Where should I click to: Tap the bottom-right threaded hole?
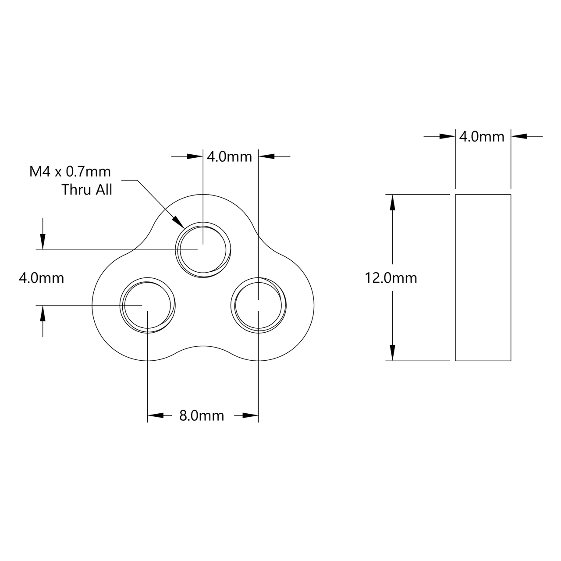coord(259,305)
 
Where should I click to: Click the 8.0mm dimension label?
coord(202,415)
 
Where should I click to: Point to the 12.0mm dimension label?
coord(391,278)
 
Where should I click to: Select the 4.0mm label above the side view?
coord(482,137)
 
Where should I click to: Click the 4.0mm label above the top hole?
coord(229,156)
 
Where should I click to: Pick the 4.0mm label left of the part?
coord(42,278)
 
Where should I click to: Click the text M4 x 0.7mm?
coord(70,172)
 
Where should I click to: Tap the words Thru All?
coord(87,190)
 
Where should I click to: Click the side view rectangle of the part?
coord(483,277)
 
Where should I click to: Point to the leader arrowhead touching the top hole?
coord(179,223)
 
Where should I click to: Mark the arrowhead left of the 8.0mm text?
coord(155,415)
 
